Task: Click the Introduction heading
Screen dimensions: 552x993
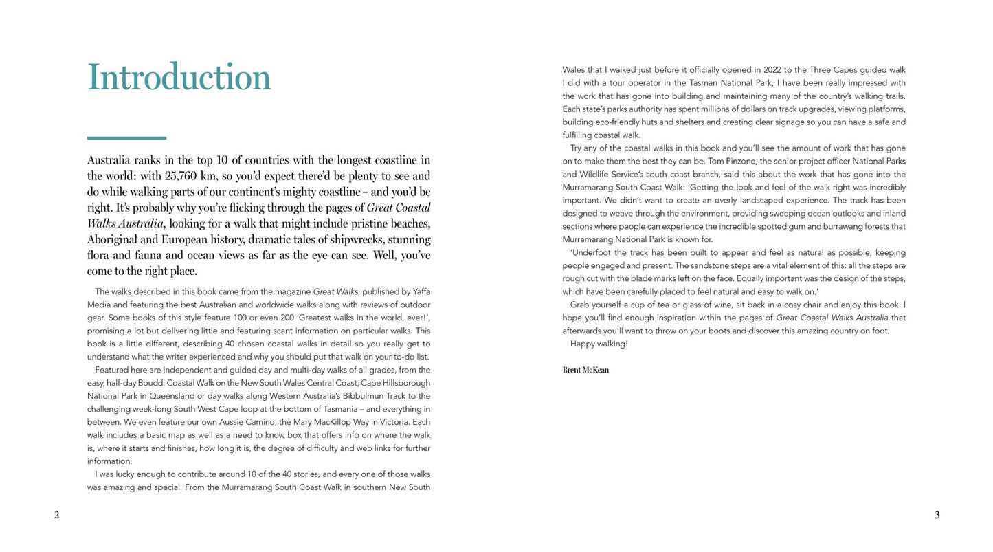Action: click(x=179, y=77)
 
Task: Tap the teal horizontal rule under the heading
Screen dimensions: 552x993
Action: click(x=126, y=138)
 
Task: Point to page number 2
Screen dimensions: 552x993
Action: click(x=56, y=515)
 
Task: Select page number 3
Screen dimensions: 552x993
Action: click(x=937, y=515)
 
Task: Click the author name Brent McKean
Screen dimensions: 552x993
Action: click(x=585, y=370)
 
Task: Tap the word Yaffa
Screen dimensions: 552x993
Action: click(x=421, y=291)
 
